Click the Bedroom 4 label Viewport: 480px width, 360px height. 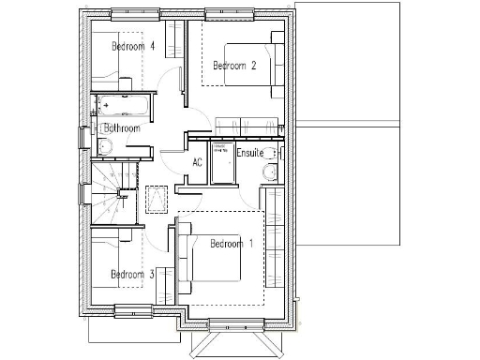[x=133, y=46]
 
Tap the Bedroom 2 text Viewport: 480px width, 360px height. [x=233, y=66]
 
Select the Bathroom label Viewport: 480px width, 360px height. [x=122, y=127]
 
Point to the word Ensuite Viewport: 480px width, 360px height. [x=249, y=152]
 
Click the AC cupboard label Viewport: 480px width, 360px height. [x=198, y=162]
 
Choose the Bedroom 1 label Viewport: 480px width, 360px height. [x=232, y=244]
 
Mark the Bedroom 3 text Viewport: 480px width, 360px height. [x=132, y=275]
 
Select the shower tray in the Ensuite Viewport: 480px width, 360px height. [x=223, y=163]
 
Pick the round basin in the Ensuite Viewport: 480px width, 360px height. [x=270, y=172]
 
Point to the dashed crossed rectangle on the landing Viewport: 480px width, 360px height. [x=157, y=199]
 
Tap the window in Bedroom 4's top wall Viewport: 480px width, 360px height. [x=131, y=14]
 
